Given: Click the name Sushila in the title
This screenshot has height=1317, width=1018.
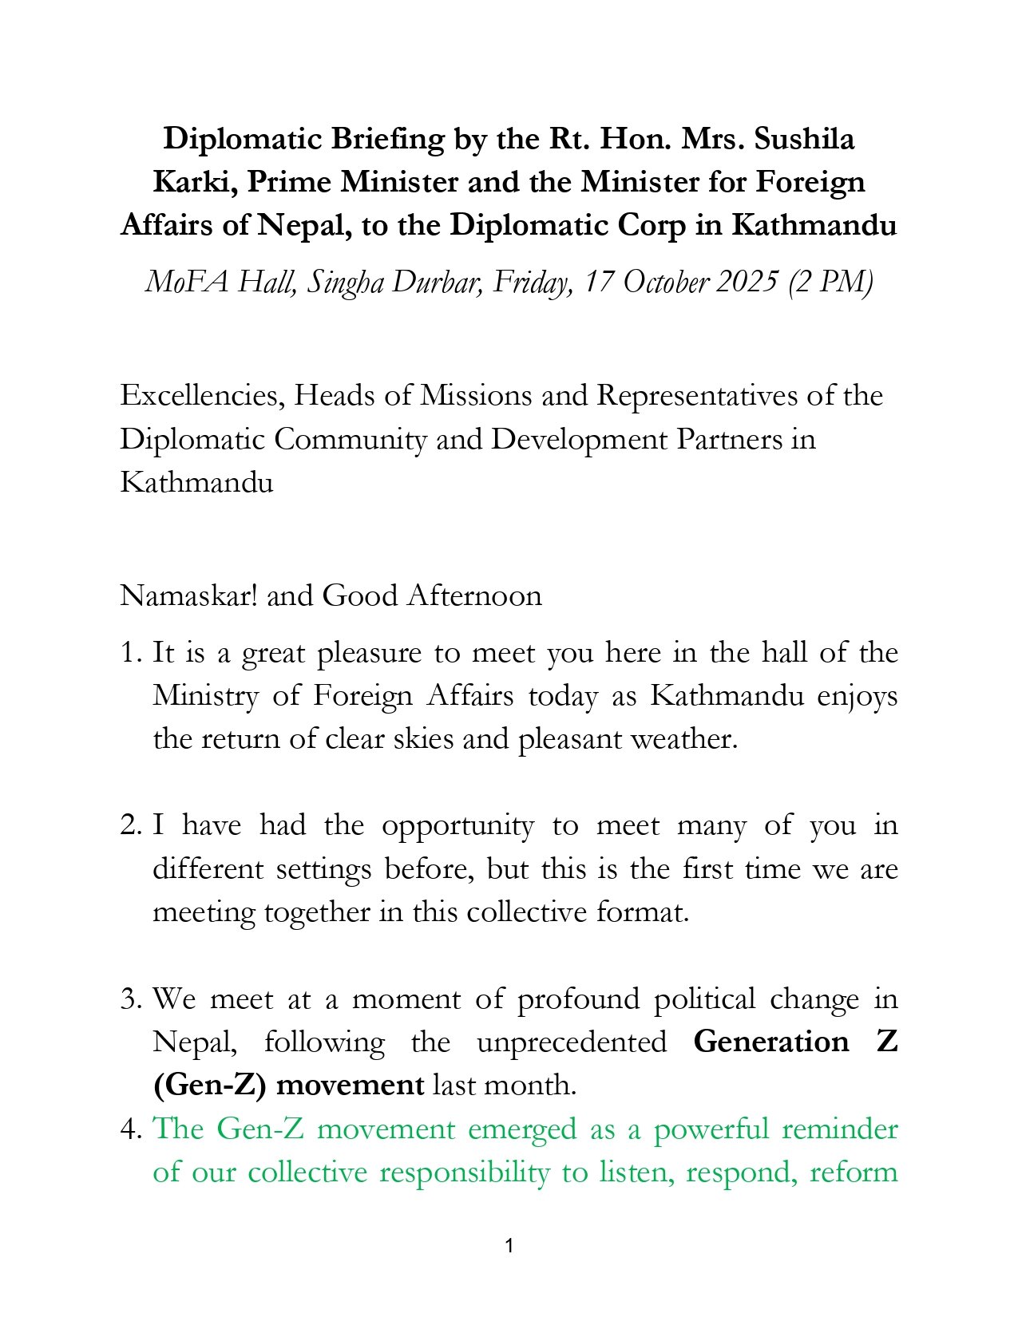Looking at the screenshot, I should coord(804,139).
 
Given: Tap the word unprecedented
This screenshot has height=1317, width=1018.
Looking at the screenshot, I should coord(572,1042).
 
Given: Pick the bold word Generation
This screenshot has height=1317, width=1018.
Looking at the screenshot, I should coord(771,1042).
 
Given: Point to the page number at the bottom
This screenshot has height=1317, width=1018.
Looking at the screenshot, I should coord(509,1246).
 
